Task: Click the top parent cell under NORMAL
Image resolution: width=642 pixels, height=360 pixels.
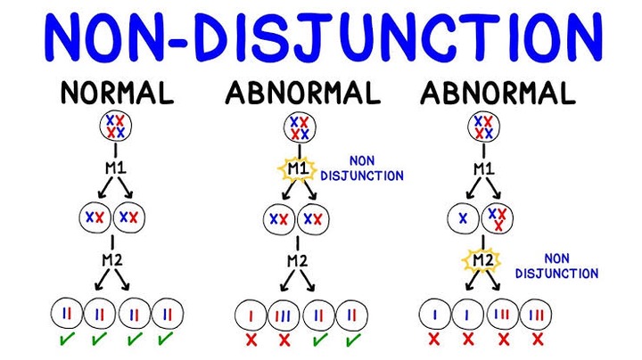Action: (x=111, y=127)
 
